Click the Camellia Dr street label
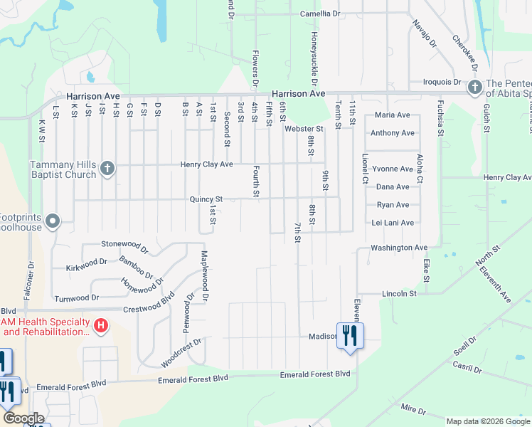[x=320, y=14]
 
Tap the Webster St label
[x=304, y=129]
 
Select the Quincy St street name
[x=206, y=199]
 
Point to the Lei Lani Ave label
[x=393, y=223]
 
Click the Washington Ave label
[x=398, y=248]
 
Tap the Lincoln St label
[x=399, y=293]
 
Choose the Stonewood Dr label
[x=124, y=243]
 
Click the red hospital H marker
[x=101, y=327]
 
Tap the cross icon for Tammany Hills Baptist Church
[x=107, y=169]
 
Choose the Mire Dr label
[x=413, y=409]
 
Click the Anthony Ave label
[x=393, y=133]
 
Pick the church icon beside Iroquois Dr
[x=474, y=88]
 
